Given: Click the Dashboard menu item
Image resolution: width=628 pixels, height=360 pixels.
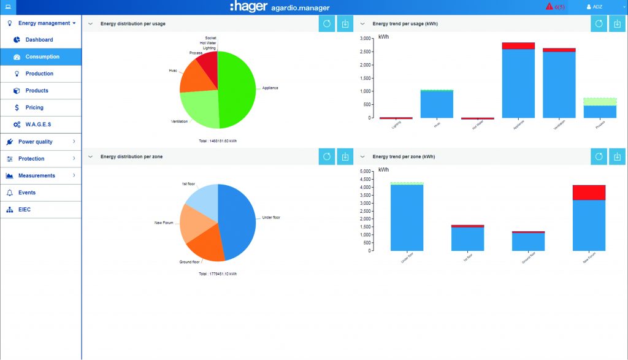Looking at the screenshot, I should [39, 40].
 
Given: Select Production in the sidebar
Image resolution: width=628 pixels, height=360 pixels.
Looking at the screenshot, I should [39, 74].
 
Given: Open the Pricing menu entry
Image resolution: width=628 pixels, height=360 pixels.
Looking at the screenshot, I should [34, 107].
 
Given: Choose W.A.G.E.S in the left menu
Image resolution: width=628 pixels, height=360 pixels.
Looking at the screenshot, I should [37, 124].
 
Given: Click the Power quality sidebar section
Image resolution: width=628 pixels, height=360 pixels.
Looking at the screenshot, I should [35, 142].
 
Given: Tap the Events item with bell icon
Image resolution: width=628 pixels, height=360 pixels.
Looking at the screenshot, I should [26, 193].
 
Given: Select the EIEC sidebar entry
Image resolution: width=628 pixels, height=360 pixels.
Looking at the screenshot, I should [24, 210].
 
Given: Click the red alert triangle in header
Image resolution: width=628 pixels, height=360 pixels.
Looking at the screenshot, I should [549, 7].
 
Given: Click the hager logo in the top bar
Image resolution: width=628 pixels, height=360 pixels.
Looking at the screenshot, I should [248, 7].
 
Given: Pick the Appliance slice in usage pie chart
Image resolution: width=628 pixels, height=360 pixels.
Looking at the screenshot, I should [239, 89].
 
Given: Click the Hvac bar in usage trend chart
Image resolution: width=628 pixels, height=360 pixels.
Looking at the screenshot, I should [437, 104].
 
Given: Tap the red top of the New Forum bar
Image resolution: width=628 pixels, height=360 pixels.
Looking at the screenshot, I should [589, 192].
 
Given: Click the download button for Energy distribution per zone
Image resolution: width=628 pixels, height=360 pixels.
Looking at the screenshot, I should [345, 157].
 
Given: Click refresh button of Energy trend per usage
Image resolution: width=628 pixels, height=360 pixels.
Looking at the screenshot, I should [599, 24].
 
